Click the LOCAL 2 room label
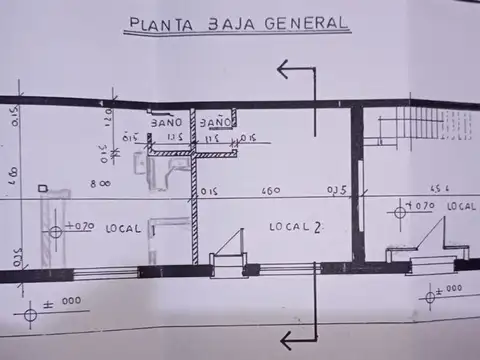tap(295, 227)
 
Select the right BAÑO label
tap(215, 122)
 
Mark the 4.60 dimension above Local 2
tap(270, 190)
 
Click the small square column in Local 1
tap(41, 188)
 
